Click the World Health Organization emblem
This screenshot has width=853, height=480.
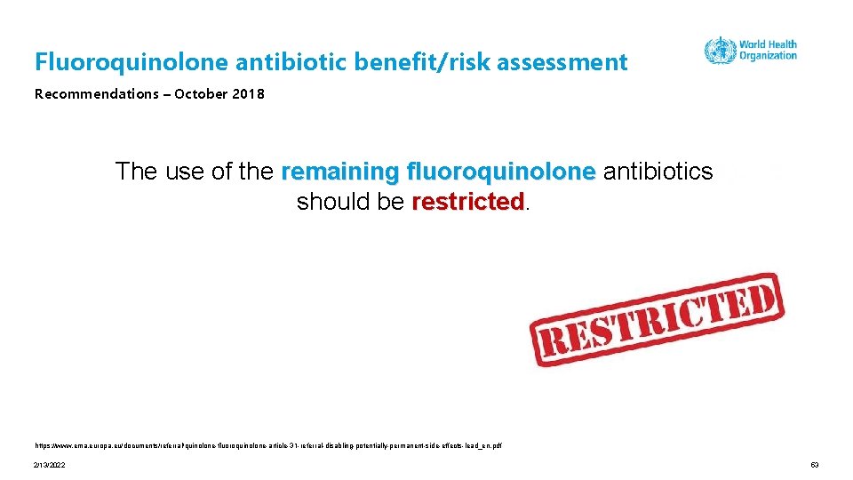(720, 51)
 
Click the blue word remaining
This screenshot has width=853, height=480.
(339, 172)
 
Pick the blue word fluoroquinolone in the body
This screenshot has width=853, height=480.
(500, 172)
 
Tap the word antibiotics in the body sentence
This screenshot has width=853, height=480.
(658, 172)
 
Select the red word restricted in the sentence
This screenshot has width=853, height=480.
(468, 202)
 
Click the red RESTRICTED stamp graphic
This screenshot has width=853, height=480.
(656, 320)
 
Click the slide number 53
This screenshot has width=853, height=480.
(815, 466)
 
